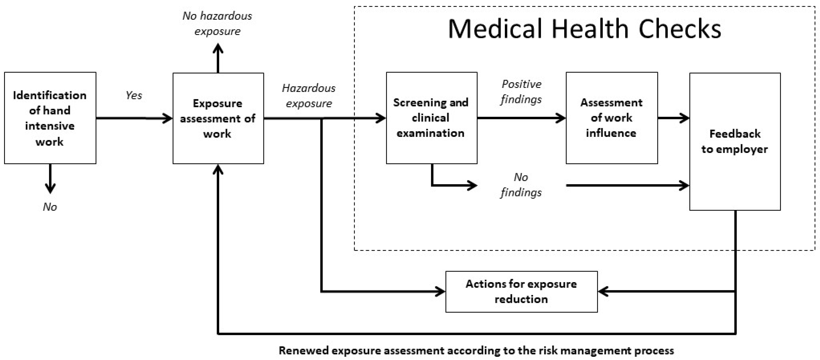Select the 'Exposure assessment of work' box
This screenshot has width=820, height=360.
click(218, 118)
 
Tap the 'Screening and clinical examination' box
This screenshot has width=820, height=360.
click(431, 118)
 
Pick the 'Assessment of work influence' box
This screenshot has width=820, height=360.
click(612, 118)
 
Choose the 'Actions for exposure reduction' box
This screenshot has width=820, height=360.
click(521, 291)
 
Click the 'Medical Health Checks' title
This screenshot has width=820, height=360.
click(584, 29)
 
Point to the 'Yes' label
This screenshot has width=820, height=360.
click(134, 95)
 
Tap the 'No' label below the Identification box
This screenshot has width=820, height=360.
click(50, 207)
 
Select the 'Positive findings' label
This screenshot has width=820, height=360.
click(521, 92)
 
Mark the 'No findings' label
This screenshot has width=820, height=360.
click(521, 185)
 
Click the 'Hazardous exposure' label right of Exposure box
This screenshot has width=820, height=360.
click(308, 95)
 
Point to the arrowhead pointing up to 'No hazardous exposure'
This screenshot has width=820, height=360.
click(218, 49)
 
